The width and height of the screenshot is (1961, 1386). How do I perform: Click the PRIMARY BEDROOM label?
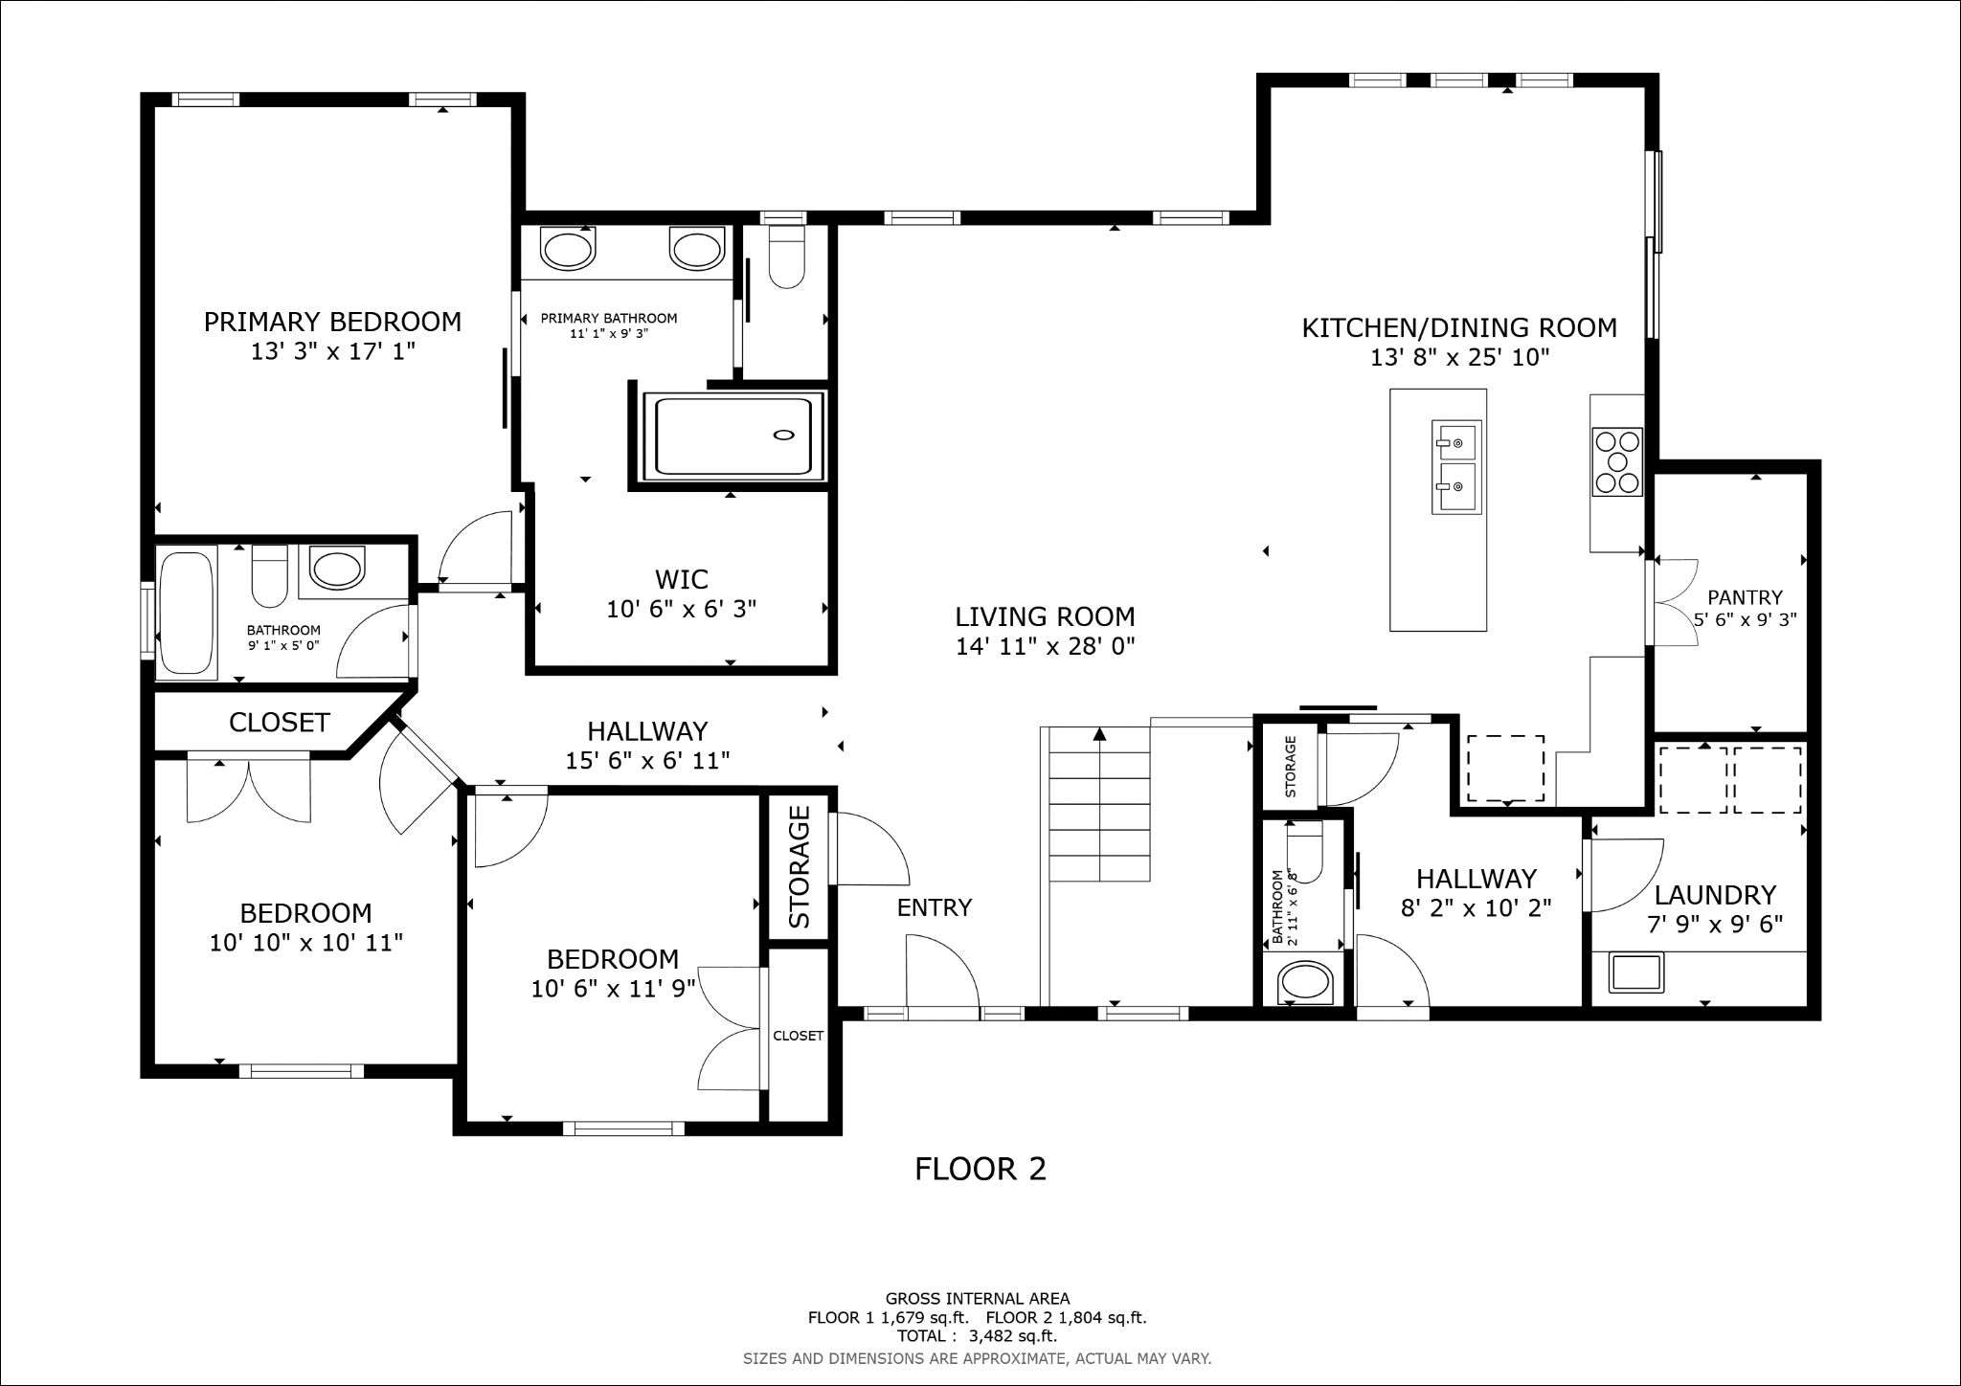click(332, 322)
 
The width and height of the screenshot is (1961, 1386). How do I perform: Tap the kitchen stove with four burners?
click(1617, 461)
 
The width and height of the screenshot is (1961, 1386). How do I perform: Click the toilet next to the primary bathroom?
click(787, 256)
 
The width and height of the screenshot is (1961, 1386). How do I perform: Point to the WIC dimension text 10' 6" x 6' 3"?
click(682, 609)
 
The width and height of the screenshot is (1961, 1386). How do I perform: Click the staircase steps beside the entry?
click(1100, 804)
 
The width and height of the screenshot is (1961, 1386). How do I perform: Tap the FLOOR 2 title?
click(980, 1169)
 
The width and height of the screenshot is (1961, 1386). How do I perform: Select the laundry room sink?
click(1636, 972)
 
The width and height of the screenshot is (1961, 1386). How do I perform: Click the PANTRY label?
click(1746, 597)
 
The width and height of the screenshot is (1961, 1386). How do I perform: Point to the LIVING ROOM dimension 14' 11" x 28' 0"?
click(1046, 647)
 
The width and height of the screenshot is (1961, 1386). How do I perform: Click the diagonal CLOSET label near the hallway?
click(280, 723)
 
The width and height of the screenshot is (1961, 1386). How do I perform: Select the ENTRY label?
click(935, 907)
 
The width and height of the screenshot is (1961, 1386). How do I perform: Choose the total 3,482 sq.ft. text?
click(977, 1336)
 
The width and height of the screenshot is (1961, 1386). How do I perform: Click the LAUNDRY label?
click(1715, 895)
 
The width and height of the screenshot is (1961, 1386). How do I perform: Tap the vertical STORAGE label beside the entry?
click(800, 867)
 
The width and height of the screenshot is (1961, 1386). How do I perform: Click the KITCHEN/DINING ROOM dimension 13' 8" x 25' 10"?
click(1459, 358)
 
